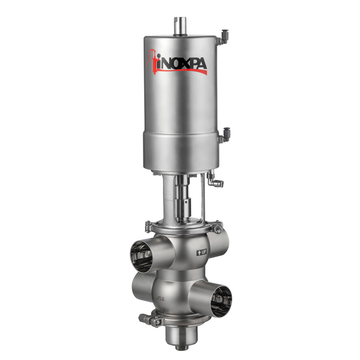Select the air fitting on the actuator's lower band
pyautogui.click(x=224, y=135)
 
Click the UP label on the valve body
pyautogui.click(x=203, y=253)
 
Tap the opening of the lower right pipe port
pyautogui.click(x=221, y=301)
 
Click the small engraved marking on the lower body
pyautogui.click(x=160, y=298)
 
